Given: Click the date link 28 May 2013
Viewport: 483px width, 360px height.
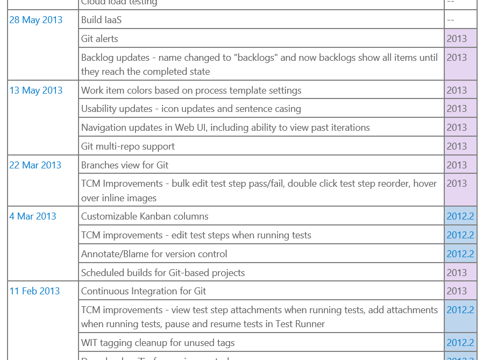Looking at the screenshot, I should pyautogui.click(x=35, y=20).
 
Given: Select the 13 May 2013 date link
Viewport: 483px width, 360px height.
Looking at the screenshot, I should pyautogui.click(x=35, y=90).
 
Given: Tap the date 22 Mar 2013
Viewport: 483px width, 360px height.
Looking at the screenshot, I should pyautogui.click(x=35, y=165).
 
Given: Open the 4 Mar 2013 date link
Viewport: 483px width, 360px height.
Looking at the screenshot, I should pyautogui.click(x=32, y=216).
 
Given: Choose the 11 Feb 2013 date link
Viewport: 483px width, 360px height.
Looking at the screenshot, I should pyautogui.click(x=34, y=291).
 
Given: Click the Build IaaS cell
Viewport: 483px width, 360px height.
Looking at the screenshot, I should pyautogui.click(x=101, y=20).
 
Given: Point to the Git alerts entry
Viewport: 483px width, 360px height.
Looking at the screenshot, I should pyautogui.click(x=100, y=39).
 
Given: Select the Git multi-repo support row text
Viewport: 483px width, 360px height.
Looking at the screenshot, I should pyautogui.click(x=128, y=146).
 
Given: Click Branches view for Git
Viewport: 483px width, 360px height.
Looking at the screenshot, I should pyautogui.click(x=125, y=165).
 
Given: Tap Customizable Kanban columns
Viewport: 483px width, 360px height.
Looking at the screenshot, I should pyautogui.click(x=145, y=216).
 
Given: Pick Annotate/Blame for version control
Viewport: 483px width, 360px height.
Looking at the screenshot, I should pyautogui.click(x=154, y=254).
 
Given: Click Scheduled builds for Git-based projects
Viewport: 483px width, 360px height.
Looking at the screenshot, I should pyautogui.click(x=163, y=273).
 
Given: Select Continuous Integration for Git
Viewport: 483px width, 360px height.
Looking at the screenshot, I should pyautogui.click(x=144, y=291).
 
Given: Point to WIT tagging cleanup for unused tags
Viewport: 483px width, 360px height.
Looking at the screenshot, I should pyautogui.click(x=158, y=343).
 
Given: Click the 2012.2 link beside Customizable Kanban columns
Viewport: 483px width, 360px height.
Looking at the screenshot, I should pyautogui.click(x=460, y=216).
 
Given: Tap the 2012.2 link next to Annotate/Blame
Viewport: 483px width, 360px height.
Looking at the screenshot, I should pyautogui.click(x=460, y=254).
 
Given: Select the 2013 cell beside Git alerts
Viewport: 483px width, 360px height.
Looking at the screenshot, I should pyautogui.click(x=457, y=39).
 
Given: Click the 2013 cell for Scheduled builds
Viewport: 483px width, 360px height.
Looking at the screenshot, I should pyautogui.click(x=457, y=273).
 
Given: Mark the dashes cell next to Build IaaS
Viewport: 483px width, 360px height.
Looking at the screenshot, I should pyautogui.click(x=451, y=20).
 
